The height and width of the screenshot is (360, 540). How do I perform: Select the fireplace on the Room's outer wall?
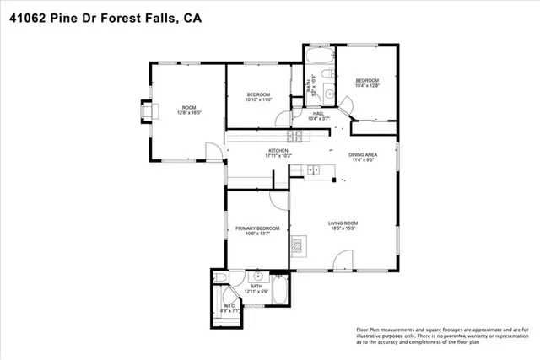click(x=147, y=111)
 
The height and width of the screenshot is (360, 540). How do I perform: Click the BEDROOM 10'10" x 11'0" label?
click(x=258, y=96)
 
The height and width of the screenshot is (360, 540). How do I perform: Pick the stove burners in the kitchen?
click(x=296, y=136)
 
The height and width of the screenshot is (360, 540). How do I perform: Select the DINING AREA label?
click(x=363, y=158)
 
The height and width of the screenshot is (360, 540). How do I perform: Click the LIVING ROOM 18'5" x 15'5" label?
click(x=342, y=226)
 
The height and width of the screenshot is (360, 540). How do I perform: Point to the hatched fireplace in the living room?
click(x=297, y=245)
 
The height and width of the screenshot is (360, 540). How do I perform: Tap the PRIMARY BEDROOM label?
click(x=256, y=231)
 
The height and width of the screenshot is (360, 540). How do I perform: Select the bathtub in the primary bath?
click(x=282, y=295)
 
